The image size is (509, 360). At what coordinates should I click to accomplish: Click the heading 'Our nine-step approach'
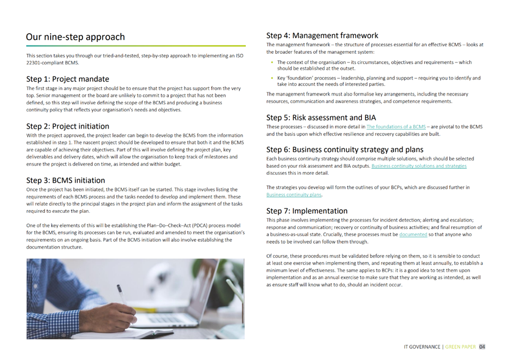(75, 37)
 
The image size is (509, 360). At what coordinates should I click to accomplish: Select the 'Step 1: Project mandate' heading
(67, 79)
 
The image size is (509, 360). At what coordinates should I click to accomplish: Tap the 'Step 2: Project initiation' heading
(68, 126)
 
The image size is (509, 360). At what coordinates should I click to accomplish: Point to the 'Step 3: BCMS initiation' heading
(66, 180)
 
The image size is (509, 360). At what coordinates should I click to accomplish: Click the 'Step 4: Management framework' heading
(322, 36)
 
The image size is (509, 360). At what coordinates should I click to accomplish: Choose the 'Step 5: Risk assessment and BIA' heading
(322, 117)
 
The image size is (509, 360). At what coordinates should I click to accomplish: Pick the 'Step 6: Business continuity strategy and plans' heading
(345, 149)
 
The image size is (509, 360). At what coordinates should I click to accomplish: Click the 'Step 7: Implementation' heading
(307, 211)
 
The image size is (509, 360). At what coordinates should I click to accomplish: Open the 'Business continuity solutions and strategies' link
(418, 166)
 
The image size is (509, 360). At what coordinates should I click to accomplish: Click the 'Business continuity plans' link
(294, 194)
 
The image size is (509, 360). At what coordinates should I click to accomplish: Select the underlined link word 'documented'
(413, 234)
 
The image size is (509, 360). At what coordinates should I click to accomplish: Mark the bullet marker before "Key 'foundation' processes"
(272, 78)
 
